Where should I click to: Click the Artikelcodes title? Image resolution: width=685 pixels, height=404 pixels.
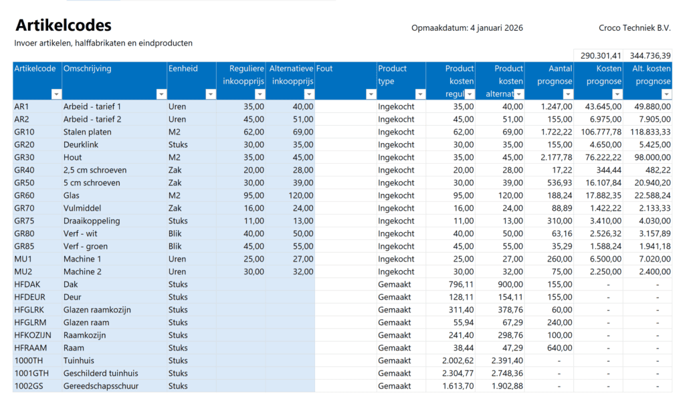[x=63, y=26]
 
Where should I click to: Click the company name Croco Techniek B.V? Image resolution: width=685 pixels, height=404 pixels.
[x=635, y=28]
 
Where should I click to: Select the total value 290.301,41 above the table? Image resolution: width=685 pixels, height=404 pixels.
[x=601, y=56]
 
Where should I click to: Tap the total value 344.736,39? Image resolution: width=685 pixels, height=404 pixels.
[x=650, y=56]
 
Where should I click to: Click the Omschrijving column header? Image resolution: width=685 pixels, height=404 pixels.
[x=88, y=68]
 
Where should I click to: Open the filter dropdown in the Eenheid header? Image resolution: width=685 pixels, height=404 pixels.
[x=211, y=94]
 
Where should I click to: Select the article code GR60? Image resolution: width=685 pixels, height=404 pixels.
[x=24, y=195]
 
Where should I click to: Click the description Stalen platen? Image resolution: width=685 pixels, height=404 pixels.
[x=88, y=132]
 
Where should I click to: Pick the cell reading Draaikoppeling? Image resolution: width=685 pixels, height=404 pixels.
[x=92, y=221]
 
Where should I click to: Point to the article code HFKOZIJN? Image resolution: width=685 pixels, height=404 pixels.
[x=32, y=335]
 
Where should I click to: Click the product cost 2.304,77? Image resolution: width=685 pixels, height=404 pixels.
[x=458, y=373]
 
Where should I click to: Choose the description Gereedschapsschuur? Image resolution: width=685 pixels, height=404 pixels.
[x=102, y=386]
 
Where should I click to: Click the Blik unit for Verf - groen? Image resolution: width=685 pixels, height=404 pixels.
[x=176, y=246]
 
